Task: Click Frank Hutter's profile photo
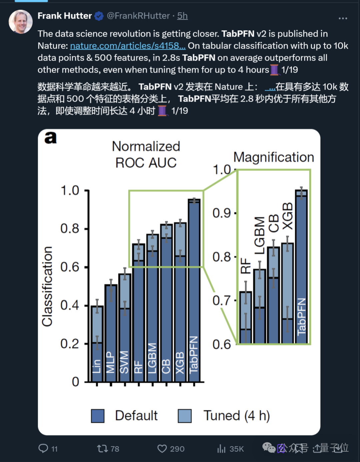tap(20, 22)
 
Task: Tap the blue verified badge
tap(99, 16)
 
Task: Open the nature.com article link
tap(128, 46)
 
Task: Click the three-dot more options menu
tap(343, 18)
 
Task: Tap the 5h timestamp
tap(182, 16)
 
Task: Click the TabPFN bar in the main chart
tap(194, 290)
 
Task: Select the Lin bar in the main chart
tap(97, 344)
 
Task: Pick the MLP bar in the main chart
tap(111, 334)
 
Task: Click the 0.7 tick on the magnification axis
tap(222, 301)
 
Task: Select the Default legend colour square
tap(98, 416)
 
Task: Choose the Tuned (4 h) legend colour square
tap(185, 416)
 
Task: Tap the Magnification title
tap(274, 157)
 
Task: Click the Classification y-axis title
tap(47, 286)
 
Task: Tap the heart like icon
tap(162, 449)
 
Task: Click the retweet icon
tap(102, 449)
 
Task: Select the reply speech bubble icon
tap(43, 449)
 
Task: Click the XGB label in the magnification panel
tap(288, 216)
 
